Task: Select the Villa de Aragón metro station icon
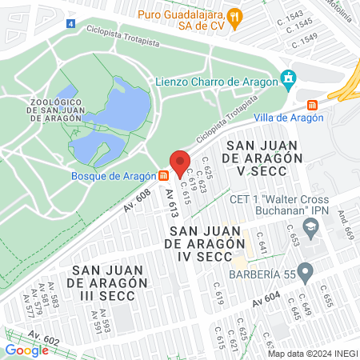[x=312, y=104]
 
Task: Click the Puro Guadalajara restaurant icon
[x=234, y=15]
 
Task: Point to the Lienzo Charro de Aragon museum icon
[x=288, y=78]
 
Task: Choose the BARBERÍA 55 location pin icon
[x=304, y=270]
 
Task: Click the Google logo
[x=26, y=350]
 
